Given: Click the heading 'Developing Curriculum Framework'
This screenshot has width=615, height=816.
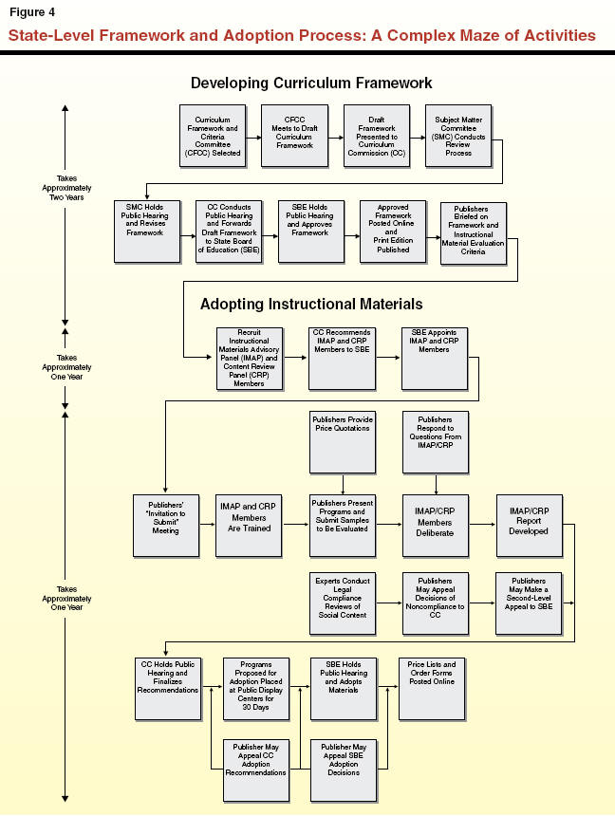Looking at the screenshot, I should (x=311, y=83).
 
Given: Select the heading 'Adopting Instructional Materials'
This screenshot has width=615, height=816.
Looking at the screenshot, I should (x=311, y=305).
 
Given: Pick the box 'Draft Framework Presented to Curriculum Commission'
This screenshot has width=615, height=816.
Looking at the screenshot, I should (x=376, y=135).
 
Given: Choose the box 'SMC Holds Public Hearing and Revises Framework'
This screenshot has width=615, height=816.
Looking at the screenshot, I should (x=146, y=231).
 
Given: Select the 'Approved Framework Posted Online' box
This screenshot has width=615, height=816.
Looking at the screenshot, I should (x=393, y=231).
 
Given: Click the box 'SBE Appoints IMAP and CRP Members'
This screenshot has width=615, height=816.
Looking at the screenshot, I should (x=434, y=359).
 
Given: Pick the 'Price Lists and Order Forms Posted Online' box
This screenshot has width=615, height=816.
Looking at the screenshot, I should (x=432, y=687).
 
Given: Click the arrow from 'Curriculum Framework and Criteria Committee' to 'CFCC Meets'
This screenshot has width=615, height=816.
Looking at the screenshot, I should (x=253, y=135).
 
